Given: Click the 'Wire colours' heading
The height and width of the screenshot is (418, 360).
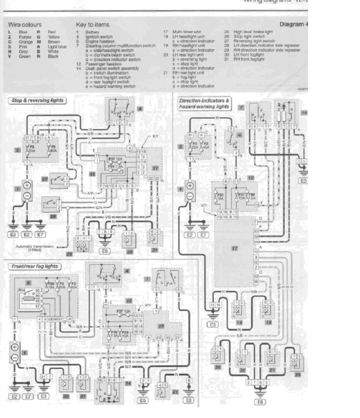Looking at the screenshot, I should [25, 25].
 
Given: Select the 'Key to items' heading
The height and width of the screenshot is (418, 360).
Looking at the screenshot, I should [92, 24].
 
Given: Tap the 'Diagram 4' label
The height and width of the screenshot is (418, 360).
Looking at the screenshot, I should [293, 24].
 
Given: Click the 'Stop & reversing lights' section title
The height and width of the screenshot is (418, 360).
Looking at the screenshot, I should [36, 100].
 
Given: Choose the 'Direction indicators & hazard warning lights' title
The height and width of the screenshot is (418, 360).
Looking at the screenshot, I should [205, 103].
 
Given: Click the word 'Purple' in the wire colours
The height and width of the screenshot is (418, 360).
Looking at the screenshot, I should [25, 36].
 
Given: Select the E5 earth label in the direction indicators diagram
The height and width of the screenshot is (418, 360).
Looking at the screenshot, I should [303, 181].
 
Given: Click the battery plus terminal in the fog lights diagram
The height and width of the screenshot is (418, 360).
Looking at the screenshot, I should [15, 347].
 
